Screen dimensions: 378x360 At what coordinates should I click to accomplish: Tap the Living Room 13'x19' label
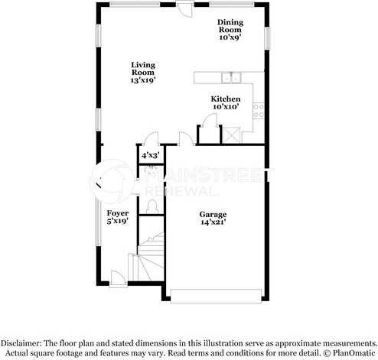click(143, 73)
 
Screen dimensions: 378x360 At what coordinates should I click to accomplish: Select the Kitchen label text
click(226, 99)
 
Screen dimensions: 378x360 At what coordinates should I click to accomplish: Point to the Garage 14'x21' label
click(213, 219)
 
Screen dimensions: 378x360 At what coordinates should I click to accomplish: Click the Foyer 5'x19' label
click(118, 217)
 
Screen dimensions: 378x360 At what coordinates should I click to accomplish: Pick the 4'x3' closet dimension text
click(151, 155)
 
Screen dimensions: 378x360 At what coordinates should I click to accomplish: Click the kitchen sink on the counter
click(231, 78)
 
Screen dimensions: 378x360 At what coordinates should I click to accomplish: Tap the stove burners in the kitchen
click(259, 111)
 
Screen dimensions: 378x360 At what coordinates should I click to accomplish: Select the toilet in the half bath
click(152, 207)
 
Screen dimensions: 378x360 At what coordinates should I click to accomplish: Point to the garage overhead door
click(216, 296)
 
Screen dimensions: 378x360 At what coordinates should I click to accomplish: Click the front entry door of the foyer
click(119, 279)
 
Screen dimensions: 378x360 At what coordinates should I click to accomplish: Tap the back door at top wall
click(185, 9)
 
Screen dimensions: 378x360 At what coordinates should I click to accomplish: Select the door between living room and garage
click(187, 139)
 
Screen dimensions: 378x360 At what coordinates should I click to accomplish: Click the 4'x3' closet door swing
click(151, 138)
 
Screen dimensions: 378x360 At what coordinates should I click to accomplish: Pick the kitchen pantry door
click(209, 120)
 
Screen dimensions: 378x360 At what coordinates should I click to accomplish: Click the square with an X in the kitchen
click(231, 135)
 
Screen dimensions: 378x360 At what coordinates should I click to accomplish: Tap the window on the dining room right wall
click(267, 38)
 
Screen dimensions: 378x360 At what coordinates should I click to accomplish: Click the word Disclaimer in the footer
click(21, 343)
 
